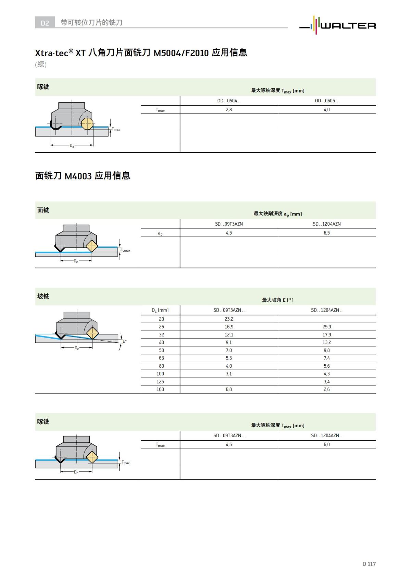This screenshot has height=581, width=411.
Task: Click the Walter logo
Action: [338, 25]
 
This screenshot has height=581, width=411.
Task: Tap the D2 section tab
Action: [45, 23]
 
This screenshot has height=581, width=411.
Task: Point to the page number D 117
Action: [369, 564]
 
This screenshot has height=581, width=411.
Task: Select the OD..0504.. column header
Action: [229, 101]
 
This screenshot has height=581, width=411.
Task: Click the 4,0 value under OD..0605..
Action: [327, 110]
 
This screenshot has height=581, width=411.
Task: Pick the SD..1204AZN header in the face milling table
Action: [327, 224]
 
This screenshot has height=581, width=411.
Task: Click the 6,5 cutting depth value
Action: [327, 233]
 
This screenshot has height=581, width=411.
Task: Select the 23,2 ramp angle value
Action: [229, 319]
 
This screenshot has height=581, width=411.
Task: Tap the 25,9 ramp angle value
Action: [327, 327]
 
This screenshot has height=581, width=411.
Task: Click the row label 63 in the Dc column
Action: [161, 358]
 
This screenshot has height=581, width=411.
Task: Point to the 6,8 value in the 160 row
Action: [229, 389]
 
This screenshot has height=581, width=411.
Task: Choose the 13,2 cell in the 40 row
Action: [327, 342]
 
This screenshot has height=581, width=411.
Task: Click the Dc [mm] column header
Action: [160, 310]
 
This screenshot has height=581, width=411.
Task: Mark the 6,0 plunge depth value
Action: [327, 444]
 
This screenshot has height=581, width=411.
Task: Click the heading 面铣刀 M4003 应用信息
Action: [83, 176]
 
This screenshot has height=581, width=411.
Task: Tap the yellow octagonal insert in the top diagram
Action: [88, 124]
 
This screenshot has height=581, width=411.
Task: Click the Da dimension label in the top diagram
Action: [72, 146]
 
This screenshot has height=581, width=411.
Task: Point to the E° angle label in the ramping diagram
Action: [125, 341]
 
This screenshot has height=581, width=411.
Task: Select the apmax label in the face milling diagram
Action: [125, 250]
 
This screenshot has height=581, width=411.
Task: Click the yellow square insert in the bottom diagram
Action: [91, 457]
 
